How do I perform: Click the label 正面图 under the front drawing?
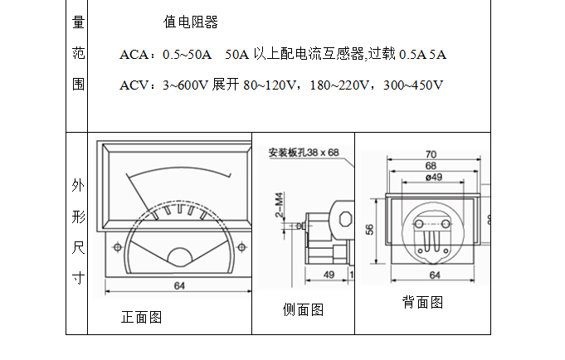[141, 317]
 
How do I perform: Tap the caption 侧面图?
[303, 309]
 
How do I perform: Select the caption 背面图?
[423, 302]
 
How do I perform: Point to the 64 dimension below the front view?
[179, 286]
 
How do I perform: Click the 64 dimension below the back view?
[434, 275]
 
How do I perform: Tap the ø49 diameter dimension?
[432, 177]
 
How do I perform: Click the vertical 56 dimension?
[370, 230]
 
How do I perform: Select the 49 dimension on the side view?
[328, 275]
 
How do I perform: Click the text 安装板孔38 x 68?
[304, 153]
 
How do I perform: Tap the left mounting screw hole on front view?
[116, 246]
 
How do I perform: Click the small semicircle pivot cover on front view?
[179, 259]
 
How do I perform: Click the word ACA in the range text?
[136, 55]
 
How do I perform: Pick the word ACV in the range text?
[136, 85]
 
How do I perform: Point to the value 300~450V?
[412, 85]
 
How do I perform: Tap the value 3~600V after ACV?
[186, 85]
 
